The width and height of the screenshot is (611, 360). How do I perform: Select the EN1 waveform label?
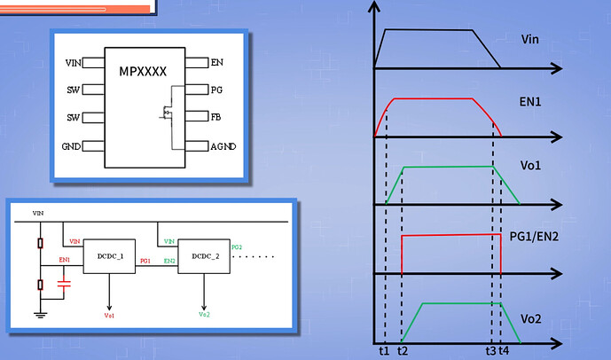pyautogui.click(x=532, y=103)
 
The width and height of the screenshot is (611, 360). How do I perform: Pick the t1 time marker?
pyautogui.click(x=383, y=350)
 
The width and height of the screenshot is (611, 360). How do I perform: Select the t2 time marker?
pyautogui.click(x=403, y=350)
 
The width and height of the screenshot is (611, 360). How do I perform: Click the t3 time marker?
pyautogui.click(x=491, y=350)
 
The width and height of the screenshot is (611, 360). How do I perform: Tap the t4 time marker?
pyautogui.click(x=504, y=350)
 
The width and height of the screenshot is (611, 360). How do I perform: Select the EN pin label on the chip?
pyautogui.click(x=217, y=63)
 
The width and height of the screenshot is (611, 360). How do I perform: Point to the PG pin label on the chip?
pyautogui.click(x=217, y=90)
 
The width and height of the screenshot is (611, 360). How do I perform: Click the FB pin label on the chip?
pyautogui.click(x=217, y=117)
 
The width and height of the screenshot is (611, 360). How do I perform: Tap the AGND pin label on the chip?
pyautogui.click(x=223, y=145)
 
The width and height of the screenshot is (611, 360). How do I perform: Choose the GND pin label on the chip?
pyautogui.click(x=71, y=145)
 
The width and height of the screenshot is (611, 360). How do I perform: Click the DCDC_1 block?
pyautogui.click(x=110, y=257)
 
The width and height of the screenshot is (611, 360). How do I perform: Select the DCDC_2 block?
pyautogui.click(x=204, y=257)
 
